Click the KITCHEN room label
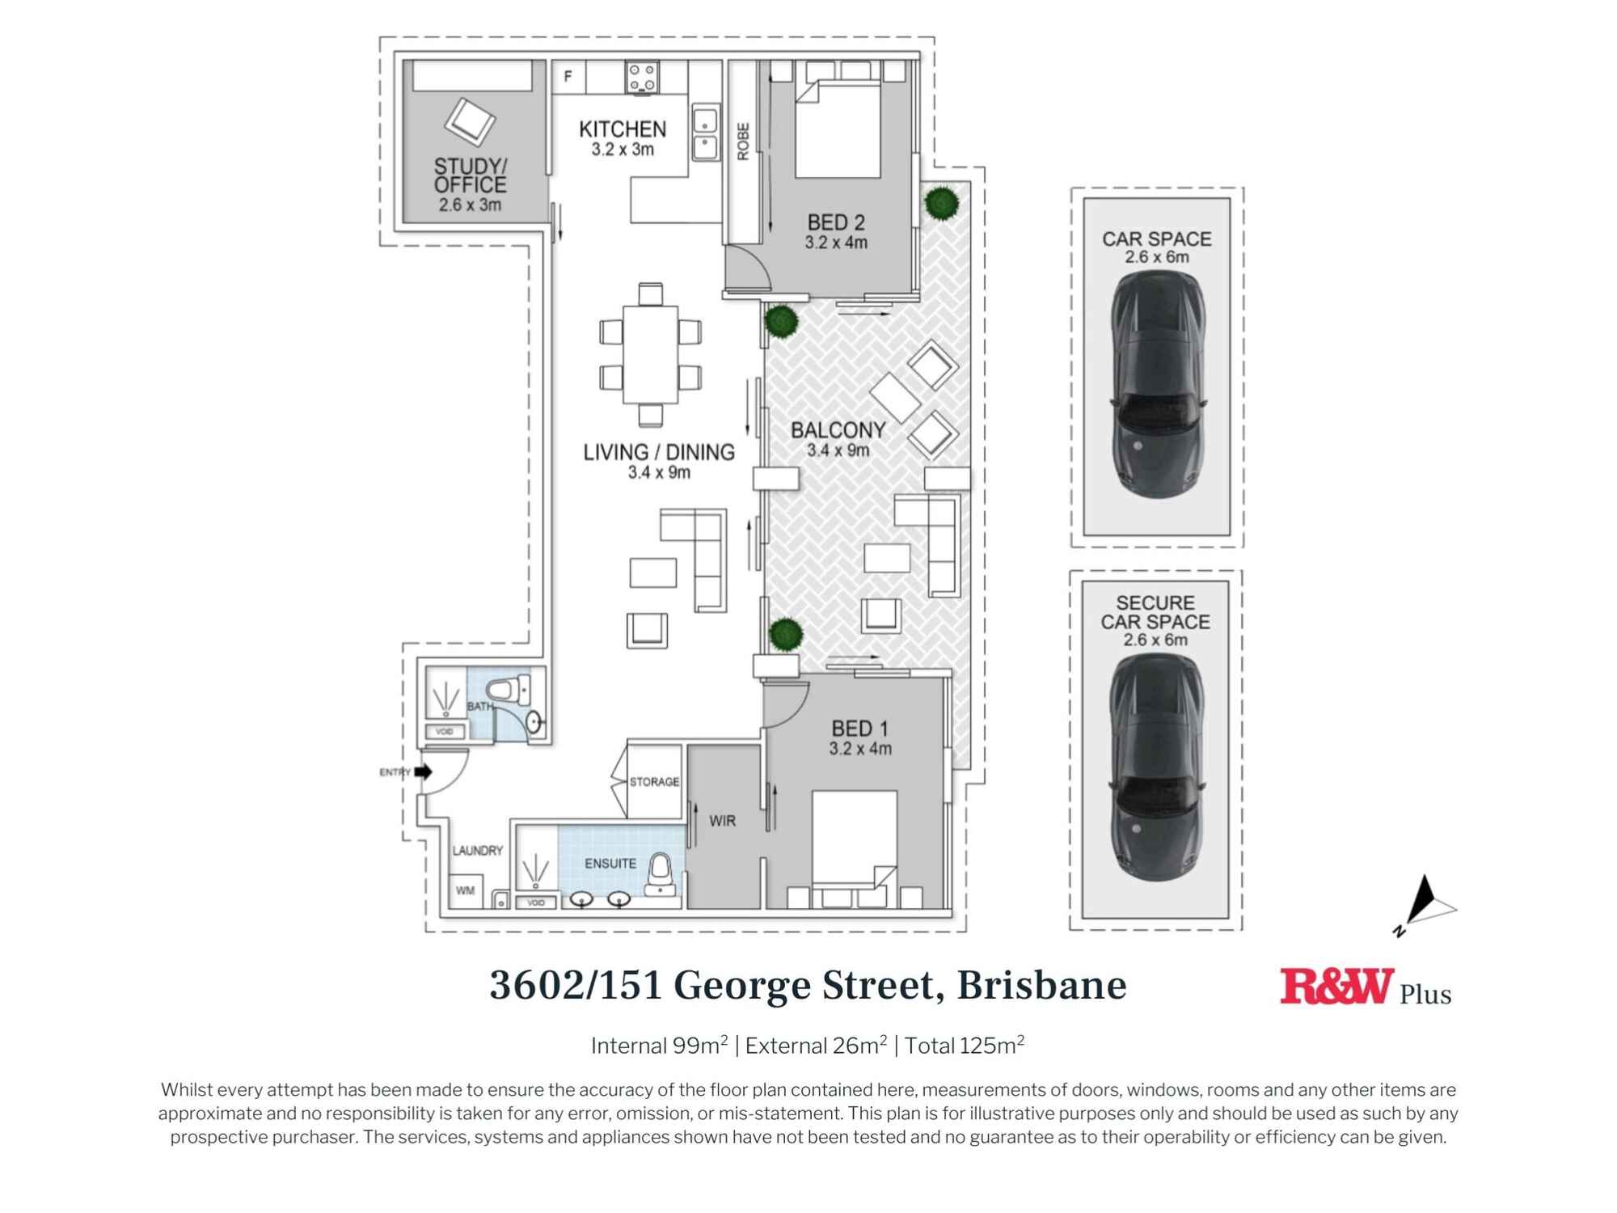pyautogui.click(x=623, y=129)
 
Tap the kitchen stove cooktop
pyautogui.click(x=642, y=78)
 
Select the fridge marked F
pyautogui.click(x=568, y=77)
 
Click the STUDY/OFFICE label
pyautogui.click(x=470, y=175)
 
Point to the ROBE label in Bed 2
pyautogui.click(x=743, y=142)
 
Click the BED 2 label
pyautogui.click(x=836, y=222)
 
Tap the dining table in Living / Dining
pyautogui.click(x=650, y=354)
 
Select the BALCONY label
pyautogui.click(x=838, y=430)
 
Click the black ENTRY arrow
pyautogui.click(x=423, y=771)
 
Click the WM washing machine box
pyautogui.click(x=466, y=890)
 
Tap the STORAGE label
pyautogui.click(x=654, y=782)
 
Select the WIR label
pyautogui.click(x=722, y=821)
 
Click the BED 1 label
pyautogui.click(x=859, y=729)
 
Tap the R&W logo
pyautogui.click(x=1336, y=987)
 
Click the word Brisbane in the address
pyautogui.click(x=1041, y=985)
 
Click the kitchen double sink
pyautogui.click(x=705, y=133)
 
